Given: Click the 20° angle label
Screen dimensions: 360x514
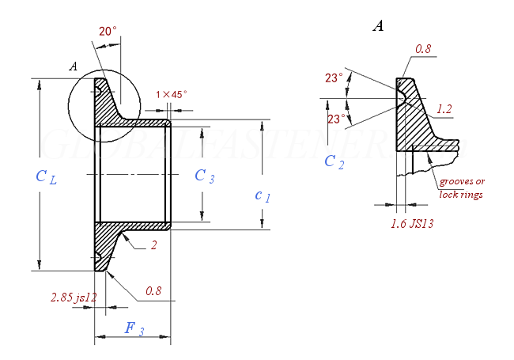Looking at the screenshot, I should (108, 32).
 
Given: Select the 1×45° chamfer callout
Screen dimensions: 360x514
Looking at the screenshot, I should (172, 95).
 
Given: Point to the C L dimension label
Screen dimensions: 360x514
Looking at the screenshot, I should (46, 176).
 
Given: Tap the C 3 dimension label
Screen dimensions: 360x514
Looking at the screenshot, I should (205, 176).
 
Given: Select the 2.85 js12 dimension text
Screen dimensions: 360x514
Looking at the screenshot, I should (73, 297).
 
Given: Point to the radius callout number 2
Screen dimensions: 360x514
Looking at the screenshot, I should (153, 246).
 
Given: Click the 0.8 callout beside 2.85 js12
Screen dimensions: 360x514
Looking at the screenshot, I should (153, 292).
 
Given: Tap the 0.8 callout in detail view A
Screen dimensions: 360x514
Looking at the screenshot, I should (423, 49).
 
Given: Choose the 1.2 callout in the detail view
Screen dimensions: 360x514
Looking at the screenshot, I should (444, 109).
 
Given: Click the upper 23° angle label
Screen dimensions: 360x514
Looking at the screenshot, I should (334, 78).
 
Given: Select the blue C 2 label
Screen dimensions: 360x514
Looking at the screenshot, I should (334, 162).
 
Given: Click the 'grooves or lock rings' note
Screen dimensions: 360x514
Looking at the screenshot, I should (461, 188).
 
